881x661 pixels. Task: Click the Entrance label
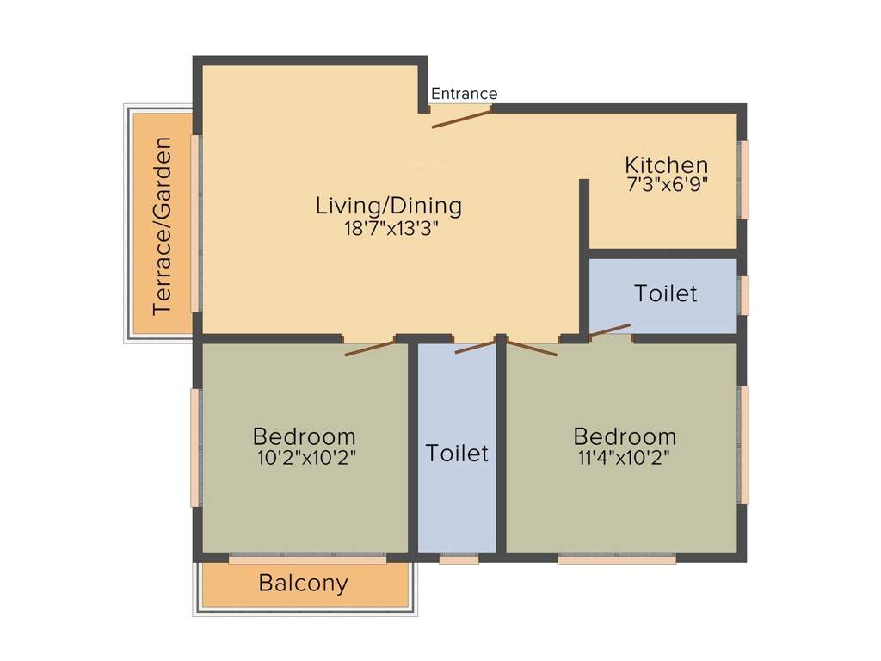464,94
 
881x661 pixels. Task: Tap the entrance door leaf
461,119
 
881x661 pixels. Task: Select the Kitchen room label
667,164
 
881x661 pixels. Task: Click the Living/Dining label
389,206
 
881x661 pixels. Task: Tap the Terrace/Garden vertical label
162,226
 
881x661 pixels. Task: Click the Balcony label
304,584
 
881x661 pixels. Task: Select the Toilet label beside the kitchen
666,293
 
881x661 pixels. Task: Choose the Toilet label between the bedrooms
457,453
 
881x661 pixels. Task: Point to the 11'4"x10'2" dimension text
625,458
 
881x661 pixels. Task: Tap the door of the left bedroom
370,348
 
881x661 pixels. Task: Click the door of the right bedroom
532,349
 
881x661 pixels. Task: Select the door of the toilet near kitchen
610,330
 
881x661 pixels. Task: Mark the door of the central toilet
475,346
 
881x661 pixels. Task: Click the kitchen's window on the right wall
744,179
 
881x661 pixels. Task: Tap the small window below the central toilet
459,559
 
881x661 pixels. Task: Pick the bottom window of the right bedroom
616,559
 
